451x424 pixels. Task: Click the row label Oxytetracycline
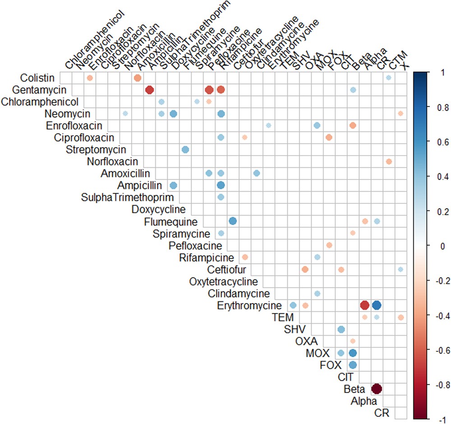223,281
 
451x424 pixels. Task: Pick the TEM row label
283,317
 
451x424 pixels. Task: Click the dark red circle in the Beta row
377,388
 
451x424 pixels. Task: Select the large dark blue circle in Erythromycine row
377,305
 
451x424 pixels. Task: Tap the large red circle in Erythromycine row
364,305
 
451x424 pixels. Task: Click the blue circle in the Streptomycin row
185,149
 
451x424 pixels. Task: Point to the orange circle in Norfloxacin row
389,161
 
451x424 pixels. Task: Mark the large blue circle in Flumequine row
233,221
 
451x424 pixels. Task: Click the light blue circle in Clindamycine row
317,293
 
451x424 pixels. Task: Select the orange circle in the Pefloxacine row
329,245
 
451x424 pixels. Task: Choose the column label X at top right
406,66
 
